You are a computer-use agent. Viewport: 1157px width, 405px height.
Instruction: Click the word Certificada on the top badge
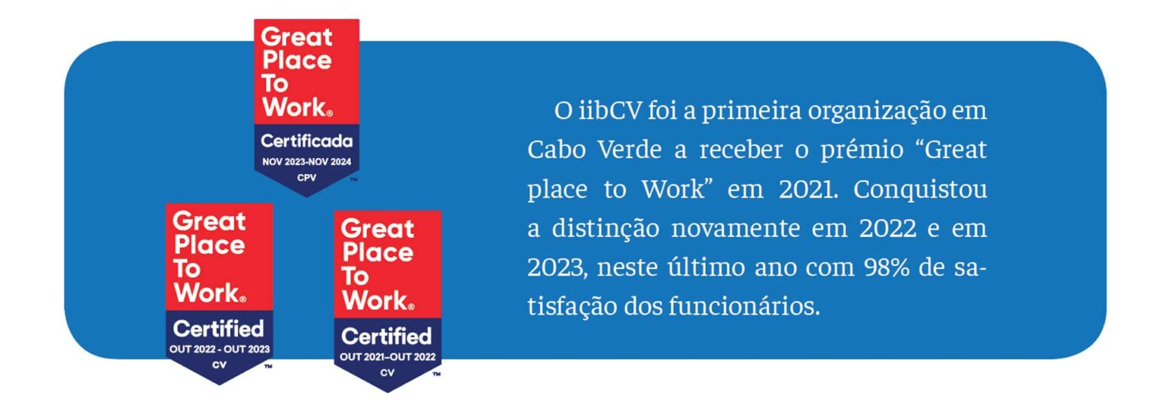(307, 141)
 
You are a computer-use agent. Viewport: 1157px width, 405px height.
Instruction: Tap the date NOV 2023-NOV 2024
(307, 162)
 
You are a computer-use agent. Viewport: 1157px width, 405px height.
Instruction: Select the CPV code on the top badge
(307, 178)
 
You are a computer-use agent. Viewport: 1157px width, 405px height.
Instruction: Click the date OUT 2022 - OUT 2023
(219, 349)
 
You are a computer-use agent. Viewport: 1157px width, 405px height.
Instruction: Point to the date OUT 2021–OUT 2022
(387, 357)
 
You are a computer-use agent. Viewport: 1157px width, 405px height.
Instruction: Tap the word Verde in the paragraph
(630, 150)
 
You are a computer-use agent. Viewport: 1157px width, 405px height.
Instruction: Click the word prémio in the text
(862, 150)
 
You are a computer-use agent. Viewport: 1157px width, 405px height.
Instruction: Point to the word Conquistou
(920, 190)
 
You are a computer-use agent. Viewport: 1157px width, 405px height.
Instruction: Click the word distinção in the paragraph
(606, 229)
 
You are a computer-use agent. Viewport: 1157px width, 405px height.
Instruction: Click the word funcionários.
(744, 306)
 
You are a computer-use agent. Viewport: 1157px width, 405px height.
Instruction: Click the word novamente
(735, 229)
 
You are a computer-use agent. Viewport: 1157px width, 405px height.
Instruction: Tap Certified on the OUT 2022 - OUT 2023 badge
(218, 329)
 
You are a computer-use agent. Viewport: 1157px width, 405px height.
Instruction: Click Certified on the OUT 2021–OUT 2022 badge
(386, 336)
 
